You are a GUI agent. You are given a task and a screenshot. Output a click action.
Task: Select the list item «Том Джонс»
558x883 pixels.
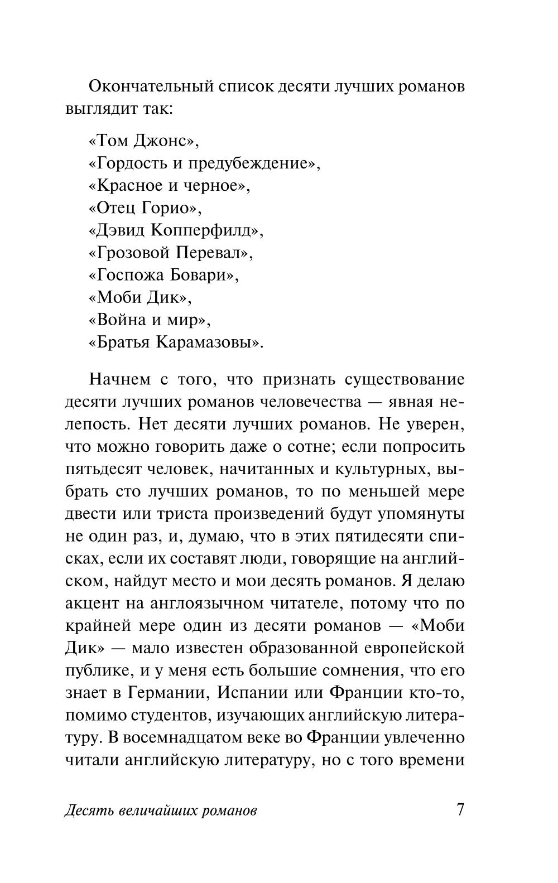pyautogui.click(x=143, y=141)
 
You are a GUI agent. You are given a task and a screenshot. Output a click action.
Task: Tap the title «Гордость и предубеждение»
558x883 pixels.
pyautogui.click(x=204, y=163)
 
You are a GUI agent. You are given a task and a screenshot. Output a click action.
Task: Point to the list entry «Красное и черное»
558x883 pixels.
pyautogui.click(x=169, y=186)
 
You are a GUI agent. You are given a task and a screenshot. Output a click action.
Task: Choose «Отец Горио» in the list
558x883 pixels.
pyautogui.click(x=145, y=208)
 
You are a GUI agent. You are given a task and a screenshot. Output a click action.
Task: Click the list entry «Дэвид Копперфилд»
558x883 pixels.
pyautogui.click(x=176, y=230)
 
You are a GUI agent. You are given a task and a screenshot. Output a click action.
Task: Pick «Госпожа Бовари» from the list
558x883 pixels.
pyautogui.click(x=163, y=275)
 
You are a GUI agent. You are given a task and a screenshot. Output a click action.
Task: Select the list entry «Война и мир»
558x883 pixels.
pyautogui.click(x=149, y=320)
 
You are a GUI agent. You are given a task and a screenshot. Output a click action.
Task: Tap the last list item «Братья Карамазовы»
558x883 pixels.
pyautogui.click(x=176, y=342)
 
